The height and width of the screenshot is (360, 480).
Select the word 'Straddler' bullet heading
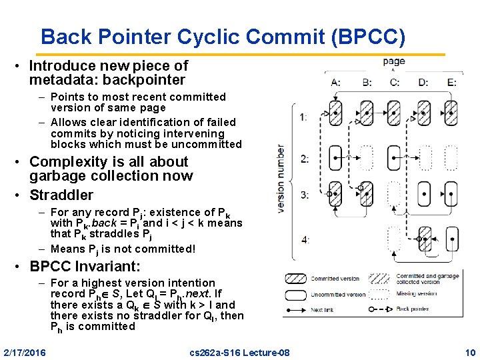[x=61, y=195]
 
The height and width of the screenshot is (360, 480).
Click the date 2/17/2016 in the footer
[x=25, y=351]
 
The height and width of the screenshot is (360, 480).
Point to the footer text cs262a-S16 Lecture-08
[x=239, y=351]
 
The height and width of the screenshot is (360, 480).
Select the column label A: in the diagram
[x=335, y=83]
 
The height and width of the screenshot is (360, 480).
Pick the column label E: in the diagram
[x=452, y=83]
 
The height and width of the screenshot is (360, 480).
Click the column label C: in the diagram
[x=394, y=83]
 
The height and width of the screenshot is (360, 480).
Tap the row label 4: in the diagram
[x=305, y=239]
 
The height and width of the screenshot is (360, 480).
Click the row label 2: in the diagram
[x=305, y=158]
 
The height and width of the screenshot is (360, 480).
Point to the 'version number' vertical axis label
[x=281, y=178]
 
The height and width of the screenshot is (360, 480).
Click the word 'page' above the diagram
[x=394, y=62]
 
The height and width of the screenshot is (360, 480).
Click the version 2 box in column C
[x=394, y=157]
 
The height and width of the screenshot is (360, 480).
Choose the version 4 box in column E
[x=452, y=238]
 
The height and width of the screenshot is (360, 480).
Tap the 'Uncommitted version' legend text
[x=335, y=294]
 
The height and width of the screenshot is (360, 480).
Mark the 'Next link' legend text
[x=323, y=310]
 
